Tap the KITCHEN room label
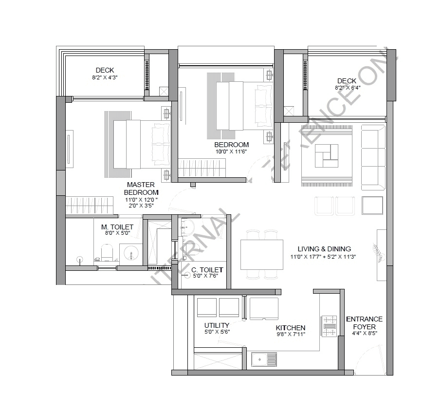291,328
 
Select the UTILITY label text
217,325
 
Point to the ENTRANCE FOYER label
364,323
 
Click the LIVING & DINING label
320,248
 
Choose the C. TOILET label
207,269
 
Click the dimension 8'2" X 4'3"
105,77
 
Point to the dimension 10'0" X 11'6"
231,151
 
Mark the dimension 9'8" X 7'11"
291,335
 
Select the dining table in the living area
262,254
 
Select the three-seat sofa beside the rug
373,157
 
